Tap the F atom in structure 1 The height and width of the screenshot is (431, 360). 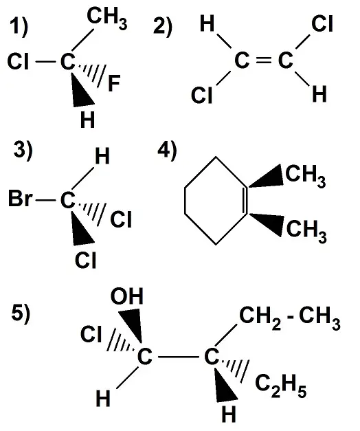[x=114, y=83]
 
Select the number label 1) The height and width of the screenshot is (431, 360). [x=19, y=27]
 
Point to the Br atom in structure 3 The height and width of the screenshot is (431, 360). [x=21, y=199]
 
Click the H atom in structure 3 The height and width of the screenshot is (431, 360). [x=102, y=156]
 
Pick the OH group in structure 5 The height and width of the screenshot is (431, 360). [x=127, y=296]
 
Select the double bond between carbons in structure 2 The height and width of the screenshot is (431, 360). [x=264, y=61]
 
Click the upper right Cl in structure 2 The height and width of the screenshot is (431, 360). [x=322, y=23]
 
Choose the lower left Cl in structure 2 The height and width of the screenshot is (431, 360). [x=202, y=95]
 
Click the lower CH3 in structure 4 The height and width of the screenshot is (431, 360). [x=306, y=232]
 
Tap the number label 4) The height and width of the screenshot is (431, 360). [x=167, y=151]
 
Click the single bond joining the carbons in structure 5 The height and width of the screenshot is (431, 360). [x=179, y=357]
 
